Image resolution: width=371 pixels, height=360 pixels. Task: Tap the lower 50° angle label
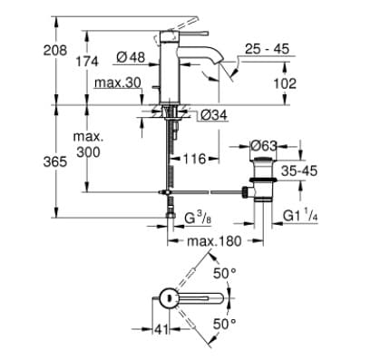click(223, 322)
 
